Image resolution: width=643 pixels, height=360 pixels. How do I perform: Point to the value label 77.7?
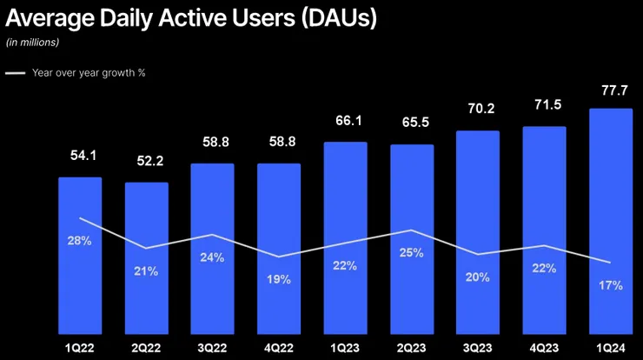pyautogui.click(x=610, y=90)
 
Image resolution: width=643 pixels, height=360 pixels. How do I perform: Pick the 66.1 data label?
pyautogui.click(x=345, y=123)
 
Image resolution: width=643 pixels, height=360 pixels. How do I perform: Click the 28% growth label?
pyautogui.click(x=80, y=240)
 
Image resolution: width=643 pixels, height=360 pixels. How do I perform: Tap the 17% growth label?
pyautogui.click(x=611, y=285)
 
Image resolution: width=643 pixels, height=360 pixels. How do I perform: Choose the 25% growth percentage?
pyautogui.click(x=412, y=253)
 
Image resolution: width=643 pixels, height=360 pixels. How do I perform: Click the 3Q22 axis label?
pyautogui.click(x=212, y=347)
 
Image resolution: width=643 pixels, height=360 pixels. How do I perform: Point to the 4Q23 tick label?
pyautogui.click(x=545, y=347)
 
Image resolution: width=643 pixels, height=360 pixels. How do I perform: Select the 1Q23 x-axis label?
pyautogui.click(x=345, y=347)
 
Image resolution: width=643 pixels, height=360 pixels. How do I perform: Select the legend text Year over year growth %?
pyautogui.click(x=89, y=73)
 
